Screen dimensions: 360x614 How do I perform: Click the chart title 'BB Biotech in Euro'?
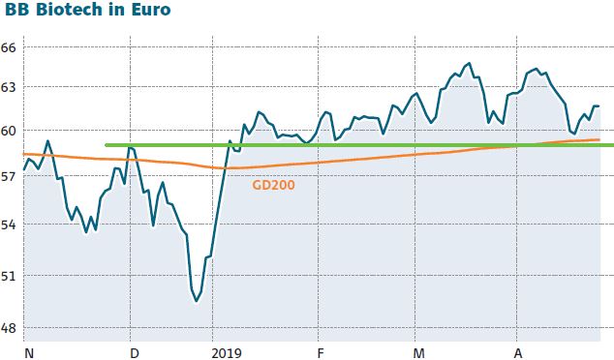(x=88, y=12)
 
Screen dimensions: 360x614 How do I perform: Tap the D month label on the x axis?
(x=134, y=352)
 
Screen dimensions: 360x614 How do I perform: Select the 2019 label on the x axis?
(x=227, y=352)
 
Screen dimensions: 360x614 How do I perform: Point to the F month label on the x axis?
(x=320, y=352)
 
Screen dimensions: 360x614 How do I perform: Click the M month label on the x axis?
(x=418, y=352)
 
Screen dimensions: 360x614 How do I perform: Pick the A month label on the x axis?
(x=518, y=352)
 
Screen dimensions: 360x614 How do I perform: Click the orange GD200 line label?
(x=273, y=183)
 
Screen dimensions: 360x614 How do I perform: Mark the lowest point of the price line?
(x=197, y=301)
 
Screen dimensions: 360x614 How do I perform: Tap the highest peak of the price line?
(x=470, y=64)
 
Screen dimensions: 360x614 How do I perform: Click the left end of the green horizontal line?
(x=106, y=145)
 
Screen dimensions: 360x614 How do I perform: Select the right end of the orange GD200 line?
(x=599, y=139)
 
